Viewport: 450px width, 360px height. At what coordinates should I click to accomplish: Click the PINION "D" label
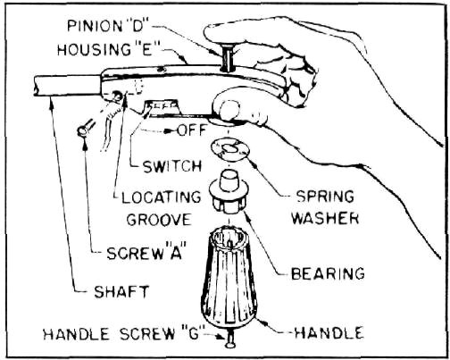click(109, 26)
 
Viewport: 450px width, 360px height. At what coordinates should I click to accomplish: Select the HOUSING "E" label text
click(105, 49)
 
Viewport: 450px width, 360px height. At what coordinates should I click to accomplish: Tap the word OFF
click(192, 130)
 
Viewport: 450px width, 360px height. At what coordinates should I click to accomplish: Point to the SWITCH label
click(172, 167)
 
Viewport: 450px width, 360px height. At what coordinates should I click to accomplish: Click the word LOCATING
click(162, 197)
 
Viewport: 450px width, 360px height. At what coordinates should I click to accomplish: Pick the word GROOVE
click(159, 220)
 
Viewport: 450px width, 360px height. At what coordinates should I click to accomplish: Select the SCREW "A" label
click(146, 254)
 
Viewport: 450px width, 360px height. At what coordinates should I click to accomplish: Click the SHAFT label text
click(121, 292)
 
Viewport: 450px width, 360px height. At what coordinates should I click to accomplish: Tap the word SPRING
click(325, 197)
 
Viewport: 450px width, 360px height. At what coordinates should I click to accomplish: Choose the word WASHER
click(325, 218)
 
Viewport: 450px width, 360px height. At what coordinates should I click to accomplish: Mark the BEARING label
click(328, 273)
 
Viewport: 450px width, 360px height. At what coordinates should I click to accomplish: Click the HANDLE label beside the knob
click(329, 332)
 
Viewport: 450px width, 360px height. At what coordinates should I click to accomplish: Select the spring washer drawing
click(229, 149)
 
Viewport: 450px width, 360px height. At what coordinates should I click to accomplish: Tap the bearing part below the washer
click(229, 192)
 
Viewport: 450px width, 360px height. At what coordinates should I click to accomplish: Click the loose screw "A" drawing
click(86, 127)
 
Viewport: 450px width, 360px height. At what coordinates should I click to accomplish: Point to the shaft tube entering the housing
click(67, 86)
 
